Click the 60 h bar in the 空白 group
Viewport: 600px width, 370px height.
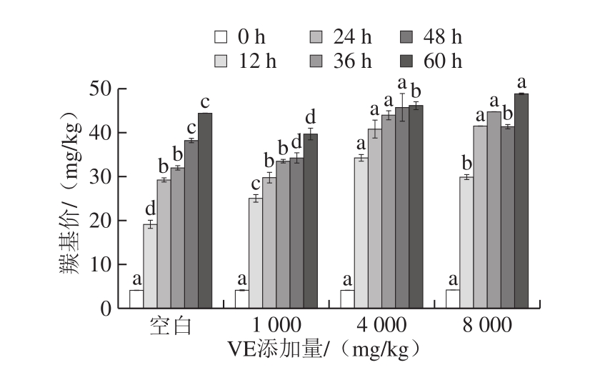point(205,211)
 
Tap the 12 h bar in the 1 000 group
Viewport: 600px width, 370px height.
point(255,253)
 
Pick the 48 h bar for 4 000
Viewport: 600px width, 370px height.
point(401,207)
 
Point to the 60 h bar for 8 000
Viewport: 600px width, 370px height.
point(521,201)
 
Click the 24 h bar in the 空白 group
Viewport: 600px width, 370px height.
point(164,244)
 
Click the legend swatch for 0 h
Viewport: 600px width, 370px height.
point(220,37)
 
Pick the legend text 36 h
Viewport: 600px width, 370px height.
point(351,61)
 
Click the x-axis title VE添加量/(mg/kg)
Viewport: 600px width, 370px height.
point(323,350)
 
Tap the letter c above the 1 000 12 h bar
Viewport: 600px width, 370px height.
point(255,185)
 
